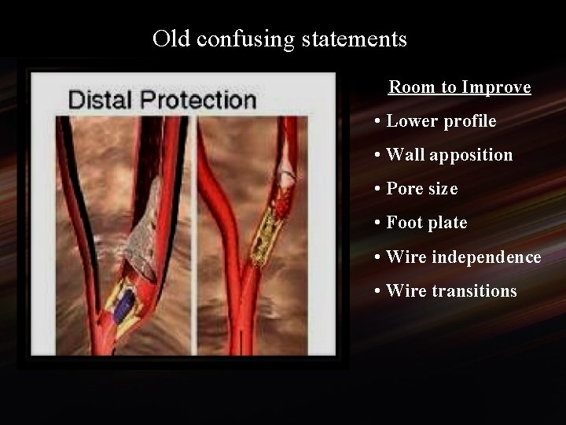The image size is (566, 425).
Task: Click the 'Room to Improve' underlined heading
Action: [460, 87]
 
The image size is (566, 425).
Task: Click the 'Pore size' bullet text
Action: [421, 189]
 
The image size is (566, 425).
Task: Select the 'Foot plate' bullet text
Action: [426, 223]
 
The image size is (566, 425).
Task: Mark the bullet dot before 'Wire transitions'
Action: [379, 291]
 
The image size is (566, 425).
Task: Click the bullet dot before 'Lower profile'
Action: [379, 121]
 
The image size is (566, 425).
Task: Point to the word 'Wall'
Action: [406, 155]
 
